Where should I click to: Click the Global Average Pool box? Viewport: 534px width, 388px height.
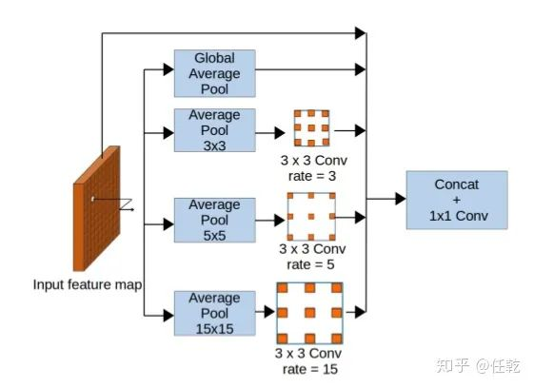tap(214, 73)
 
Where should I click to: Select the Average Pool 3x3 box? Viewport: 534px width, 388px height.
tap(214, 130)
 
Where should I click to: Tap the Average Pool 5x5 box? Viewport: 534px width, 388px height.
tap(214, 220)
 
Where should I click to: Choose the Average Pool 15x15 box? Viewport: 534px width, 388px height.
tap(214, 313)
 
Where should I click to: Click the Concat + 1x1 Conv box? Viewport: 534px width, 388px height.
tap(457, 200)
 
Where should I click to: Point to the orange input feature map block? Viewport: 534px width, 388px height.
tap(97, 208)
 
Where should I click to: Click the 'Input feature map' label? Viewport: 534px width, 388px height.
tap(88, 284)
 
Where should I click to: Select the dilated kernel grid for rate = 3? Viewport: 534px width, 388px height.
tap(311, 128)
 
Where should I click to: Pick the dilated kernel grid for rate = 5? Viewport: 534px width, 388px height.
tap(311, 217)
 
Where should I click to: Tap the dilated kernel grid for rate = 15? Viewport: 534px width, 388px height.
tap(309, 313)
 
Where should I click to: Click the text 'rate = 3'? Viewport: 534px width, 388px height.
tap(312, 176)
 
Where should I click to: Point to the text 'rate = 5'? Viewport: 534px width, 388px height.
tap(310, 264)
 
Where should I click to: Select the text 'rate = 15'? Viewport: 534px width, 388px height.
tap(310, 369)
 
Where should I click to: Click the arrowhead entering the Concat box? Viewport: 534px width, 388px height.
tap(401, 199)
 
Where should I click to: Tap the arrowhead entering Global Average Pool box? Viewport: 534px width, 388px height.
tap(168, 69)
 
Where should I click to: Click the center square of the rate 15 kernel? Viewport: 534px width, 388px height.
tap(310, 313)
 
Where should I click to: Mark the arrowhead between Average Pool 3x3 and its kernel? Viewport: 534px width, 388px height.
tap(280, 133)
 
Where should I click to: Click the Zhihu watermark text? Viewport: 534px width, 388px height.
tap(478, 366)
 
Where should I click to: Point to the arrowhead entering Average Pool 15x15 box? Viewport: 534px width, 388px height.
tap(168, 315)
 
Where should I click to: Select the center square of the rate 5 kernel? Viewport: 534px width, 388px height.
tap(311, 217)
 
